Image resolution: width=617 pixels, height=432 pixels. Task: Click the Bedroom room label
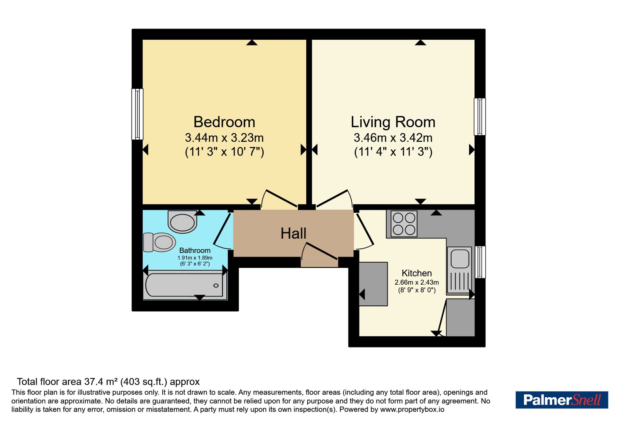224,122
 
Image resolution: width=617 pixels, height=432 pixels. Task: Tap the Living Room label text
393,122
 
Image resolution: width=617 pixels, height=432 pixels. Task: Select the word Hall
293,234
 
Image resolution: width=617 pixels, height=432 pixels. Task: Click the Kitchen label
416,273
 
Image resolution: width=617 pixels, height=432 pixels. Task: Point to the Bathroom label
195,250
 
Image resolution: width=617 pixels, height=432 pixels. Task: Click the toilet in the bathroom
160,242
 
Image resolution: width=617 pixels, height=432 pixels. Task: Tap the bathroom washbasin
182,221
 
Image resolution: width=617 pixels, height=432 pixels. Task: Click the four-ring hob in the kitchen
404,224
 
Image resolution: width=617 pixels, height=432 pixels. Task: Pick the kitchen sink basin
460,259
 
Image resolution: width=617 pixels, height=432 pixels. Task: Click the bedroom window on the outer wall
137,114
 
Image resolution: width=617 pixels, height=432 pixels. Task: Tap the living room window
480,116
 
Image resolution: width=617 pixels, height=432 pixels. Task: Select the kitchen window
480,262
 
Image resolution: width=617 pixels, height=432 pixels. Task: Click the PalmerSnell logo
562,400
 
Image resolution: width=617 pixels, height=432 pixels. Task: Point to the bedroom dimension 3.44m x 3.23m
224,137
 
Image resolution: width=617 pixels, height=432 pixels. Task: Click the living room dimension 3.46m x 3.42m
393,137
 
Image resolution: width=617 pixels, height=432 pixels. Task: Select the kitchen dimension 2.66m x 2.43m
417,282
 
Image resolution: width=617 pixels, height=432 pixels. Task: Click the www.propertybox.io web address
412,409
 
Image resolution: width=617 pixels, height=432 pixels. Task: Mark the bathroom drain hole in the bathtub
216,285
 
